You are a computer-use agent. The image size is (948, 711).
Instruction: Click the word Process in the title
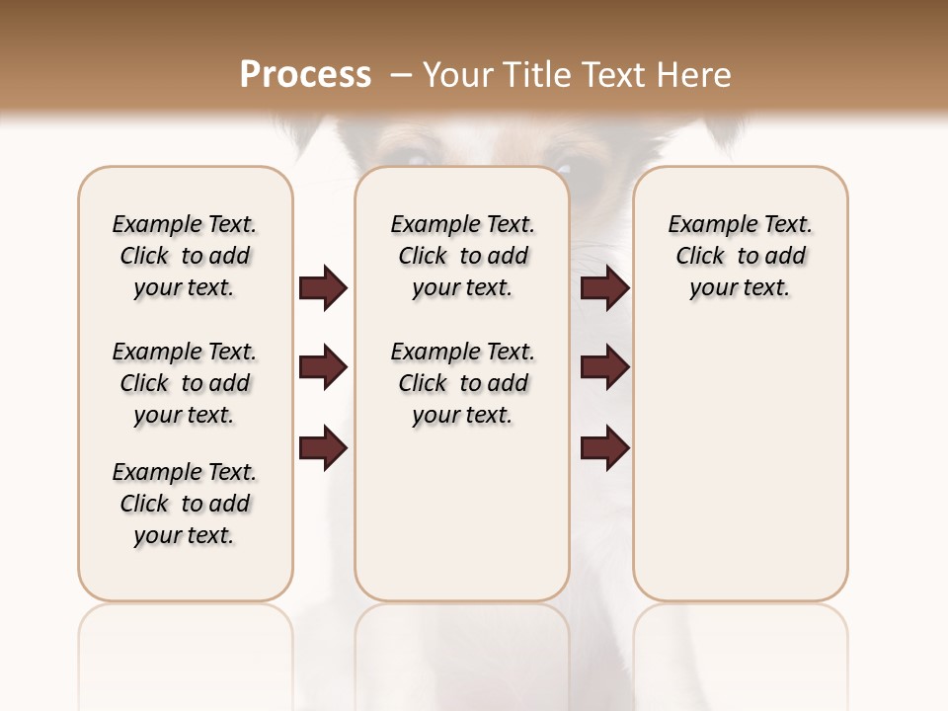[x=305, y=75]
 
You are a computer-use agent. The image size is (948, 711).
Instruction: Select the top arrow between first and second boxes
[x=323, y=288]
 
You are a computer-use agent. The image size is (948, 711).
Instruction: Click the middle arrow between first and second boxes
[x=323, y=368]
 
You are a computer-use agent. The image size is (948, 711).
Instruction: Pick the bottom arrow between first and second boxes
[x=323, y=449]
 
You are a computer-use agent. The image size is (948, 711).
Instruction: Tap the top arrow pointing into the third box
[x=604, y=288]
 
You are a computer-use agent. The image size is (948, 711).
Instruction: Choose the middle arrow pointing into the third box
[x=604, y=368]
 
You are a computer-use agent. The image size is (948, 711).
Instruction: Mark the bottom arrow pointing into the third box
[x=604, y=449]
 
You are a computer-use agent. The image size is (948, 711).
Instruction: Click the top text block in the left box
[x=185, y=256]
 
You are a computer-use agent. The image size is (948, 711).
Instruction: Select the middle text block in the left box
[x=185, y=383]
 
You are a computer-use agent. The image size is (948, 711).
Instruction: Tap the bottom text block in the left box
[x=185, y=504]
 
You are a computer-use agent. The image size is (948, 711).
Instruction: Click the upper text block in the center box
[x=462, y=256]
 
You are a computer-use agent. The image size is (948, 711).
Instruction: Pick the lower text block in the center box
[x=462, y=383]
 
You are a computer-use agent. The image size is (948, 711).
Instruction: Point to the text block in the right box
[x=740, y=256]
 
